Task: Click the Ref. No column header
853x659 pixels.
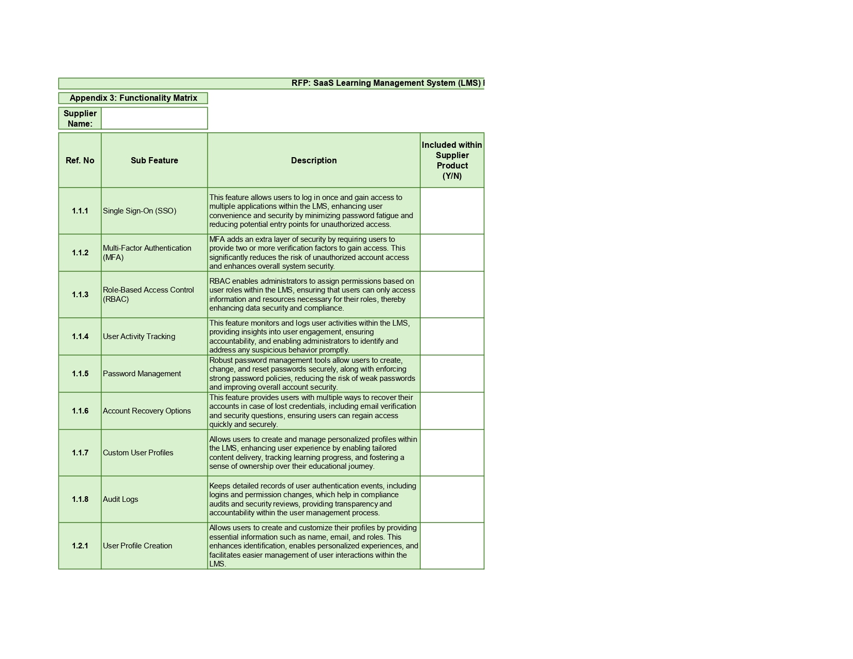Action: (x=80, y=160)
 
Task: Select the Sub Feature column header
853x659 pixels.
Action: (x=154, y=160)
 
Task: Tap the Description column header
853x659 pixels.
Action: (x=313, y=160)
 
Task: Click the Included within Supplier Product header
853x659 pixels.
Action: (x=452, y=160)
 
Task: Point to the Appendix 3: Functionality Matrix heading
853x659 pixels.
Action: (x=133, y=98)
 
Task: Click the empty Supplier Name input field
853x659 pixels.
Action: (x=154, y=118)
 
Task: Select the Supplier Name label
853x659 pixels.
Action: (x=80, y=118)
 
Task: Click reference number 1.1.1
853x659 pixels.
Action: (x=80, y=211)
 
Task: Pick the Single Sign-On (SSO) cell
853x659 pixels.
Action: (x=140, y=211)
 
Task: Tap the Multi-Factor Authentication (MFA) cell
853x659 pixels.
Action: (x=147, y=253)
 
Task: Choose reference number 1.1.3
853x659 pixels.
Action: (x=80, y=295)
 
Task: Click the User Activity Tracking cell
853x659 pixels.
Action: (x=139, y=336)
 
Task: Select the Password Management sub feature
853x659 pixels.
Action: (x=142, y=374)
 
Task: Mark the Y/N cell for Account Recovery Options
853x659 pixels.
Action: (x=452, y=411)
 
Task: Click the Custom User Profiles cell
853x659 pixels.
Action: (x=138, y=453)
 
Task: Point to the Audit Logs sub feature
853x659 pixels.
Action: (x=120, y=499)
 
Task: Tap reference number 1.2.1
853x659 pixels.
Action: (x=80, y=546)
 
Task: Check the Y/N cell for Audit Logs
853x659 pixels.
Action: (x=452, y=499)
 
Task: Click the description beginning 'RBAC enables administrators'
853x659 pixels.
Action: (x=312, y=295)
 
